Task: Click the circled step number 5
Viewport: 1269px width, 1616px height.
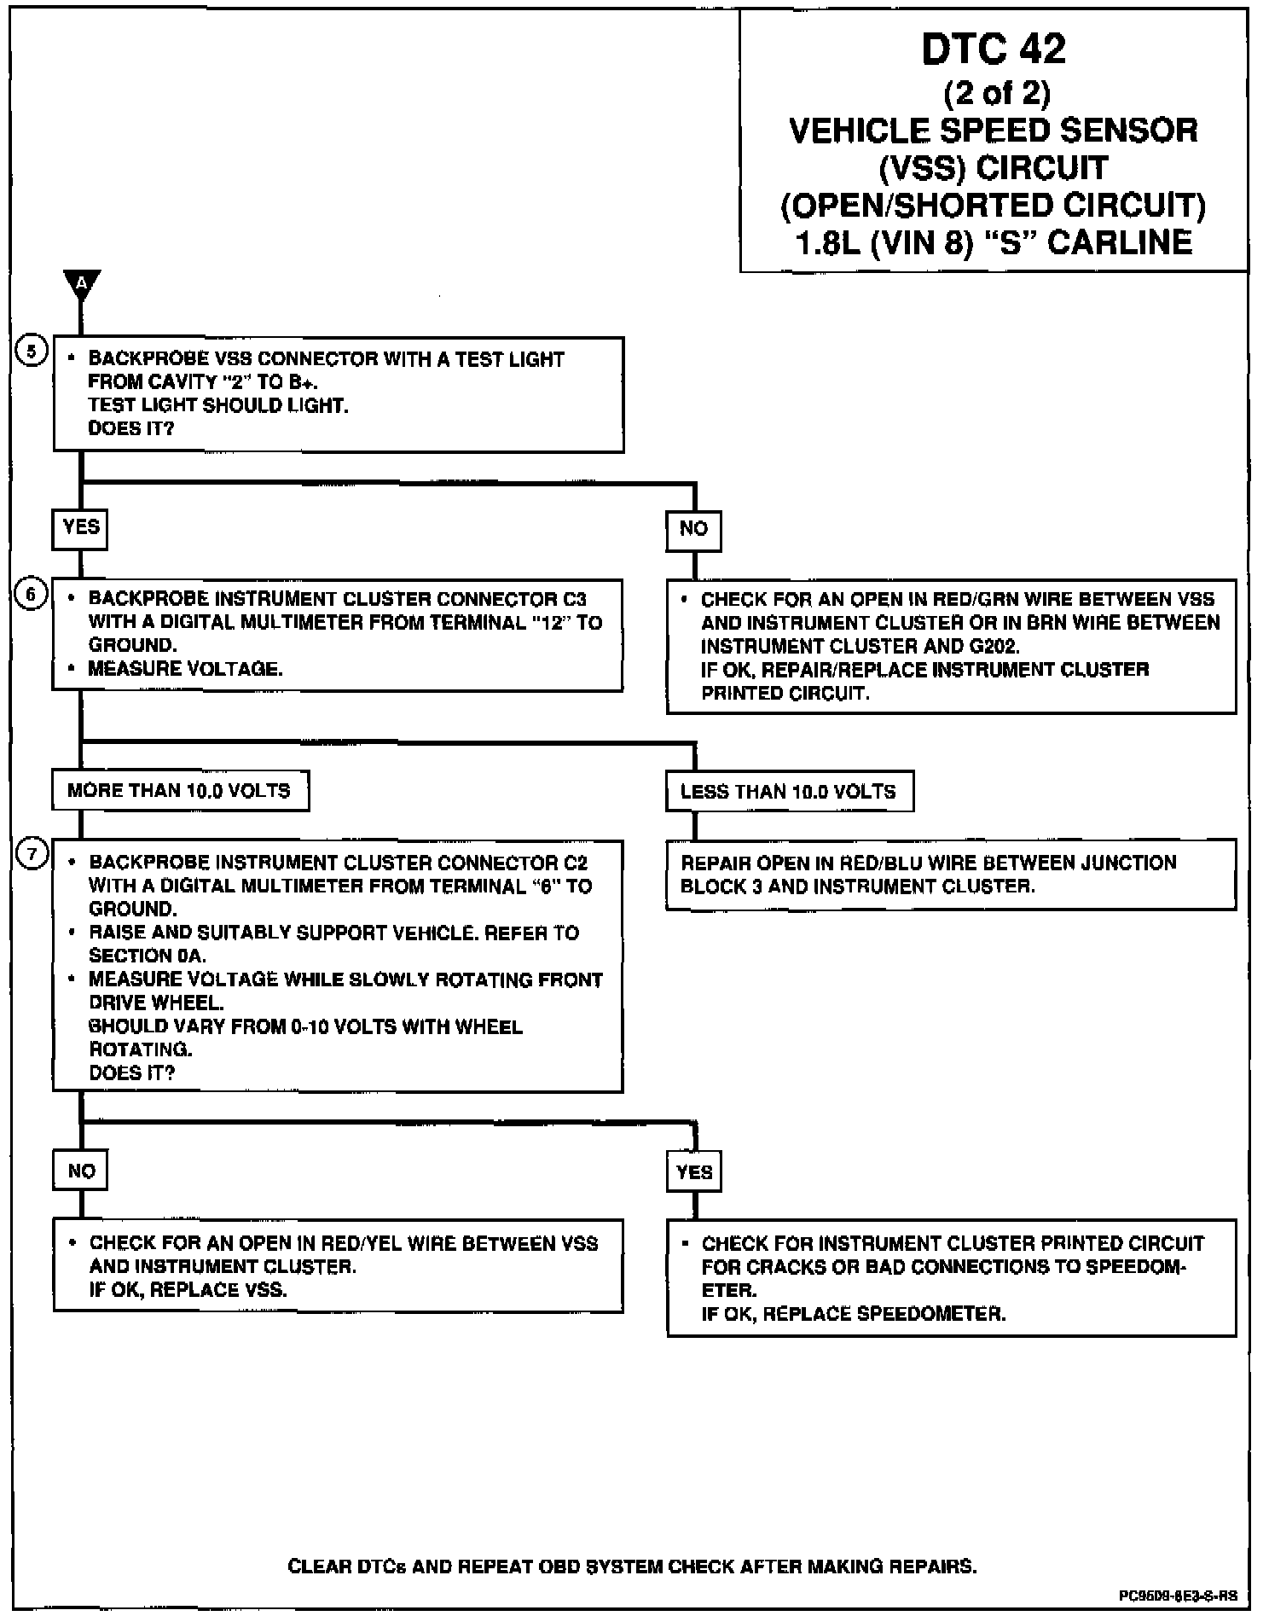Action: (x=32, y=352)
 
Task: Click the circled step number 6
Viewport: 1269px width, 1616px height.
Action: (x=32, y=594)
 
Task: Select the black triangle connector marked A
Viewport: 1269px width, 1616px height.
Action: (x=82, y=284)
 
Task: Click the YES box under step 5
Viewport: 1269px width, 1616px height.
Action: (x=80, y=528)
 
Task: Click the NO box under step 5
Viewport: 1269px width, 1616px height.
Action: (x=693, y=530)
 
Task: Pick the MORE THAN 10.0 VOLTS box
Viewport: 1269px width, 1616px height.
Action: (x=180, y=791)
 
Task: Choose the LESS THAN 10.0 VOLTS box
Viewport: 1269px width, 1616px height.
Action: (x=789, y=792)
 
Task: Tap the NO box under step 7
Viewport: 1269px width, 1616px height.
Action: (x=81, y=1171)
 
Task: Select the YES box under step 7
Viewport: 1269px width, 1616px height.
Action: (x=694, y=1171)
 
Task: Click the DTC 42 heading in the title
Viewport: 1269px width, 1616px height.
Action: (x=994, y=49)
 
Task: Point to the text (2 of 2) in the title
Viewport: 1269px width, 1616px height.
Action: (x=996, y=92)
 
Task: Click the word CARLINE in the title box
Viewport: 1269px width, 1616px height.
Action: (x=1120, y=243)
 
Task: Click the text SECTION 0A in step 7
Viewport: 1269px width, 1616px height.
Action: (x=147, y=956)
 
